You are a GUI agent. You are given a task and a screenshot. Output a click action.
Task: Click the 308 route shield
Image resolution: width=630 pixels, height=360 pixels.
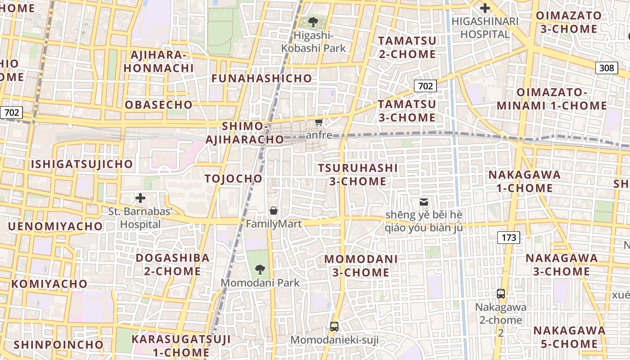click(x=607, y=68)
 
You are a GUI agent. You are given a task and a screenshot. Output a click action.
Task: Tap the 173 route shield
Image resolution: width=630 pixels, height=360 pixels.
click(x=509, y=238)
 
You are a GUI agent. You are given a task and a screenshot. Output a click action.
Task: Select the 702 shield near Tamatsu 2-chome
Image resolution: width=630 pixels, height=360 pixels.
click(x=425, y=85)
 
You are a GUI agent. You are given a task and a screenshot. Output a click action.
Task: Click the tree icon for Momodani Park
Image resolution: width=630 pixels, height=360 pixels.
click(x=260, y=270)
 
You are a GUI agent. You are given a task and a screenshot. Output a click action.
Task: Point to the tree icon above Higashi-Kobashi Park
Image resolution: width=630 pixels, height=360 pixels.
click(x=313, y=21)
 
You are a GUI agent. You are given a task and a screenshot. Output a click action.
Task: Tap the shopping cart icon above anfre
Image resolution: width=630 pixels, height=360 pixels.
click(x=319, y=122)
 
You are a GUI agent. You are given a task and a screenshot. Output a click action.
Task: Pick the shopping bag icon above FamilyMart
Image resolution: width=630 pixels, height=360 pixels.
click(x=273, y=210)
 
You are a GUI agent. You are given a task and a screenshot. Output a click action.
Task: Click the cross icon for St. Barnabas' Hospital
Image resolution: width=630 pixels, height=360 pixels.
click(x=140, y=198)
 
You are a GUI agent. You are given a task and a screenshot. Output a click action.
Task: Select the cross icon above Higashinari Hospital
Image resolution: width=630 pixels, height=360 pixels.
click(x=485, y=8)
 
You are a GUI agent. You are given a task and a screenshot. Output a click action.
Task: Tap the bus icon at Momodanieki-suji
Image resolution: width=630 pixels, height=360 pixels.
click(x=334, y=327)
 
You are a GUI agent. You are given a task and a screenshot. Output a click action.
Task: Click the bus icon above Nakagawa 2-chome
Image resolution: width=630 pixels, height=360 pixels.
click(x=500, y=294)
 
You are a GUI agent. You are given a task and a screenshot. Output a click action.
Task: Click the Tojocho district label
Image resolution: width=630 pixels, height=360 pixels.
click(x=234, y=179)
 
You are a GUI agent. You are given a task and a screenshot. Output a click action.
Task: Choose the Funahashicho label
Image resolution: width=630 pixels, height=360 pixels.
click(x=261, y=78)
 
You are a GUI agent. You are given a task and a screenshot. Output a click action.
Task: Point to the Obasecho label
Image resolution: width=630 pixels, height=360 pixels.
click(x=158, y=105)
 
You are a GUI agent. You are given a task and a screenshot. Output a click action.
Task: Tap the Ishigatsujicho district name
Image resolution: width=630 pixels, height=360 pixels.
click(x=82, y=164)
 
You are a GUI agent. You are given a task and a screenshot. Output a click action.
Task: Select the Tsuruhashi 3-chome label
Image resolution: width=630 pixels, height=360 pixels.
click(x=358, y=175)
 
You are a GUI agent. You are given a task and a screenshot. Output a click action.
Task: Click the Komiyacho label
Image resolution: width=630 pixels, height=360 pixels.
click(x=49, y=284)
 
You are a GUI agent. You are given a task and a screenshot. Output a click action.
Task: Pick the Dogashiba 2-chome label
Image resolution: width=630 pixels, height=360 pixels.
click(x=173, y=265)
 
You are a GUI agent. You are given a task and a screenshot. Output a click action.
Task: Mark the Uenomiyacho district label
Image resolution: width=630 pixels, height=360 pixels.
click(x=55, y=226)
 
